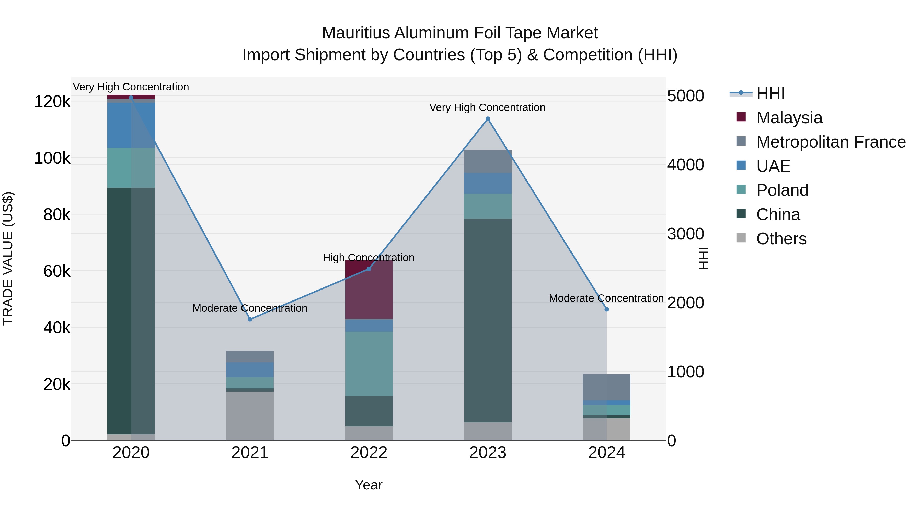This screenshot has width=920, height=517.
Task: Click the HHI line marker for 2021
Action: [x=250, y=319]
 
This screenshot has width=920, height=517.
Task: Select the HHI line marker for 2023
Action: [x=488, y=119]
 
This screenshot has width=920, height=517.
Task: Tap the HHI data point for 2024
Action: [x=606, y=309]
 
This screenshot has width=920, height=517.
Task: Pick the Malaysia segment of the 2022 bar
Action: [x=369, y=289]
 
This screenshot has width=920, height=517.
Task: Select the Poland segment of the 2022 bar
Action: [x=369, y=364]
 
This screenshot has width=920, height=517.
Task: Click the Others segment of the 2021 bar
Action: [x=250, y=416]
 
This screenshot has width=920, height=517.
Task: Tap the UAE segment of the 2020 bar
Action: [x=131, y=125]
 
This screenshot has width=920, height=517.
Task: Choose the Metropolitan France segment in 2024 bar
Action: [x=606, y=387]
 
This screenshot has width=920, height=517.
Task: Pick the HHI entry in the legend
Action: [x=770, y=93]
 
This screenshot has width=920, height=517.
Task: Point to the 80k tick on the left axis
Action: [x=56, y=215]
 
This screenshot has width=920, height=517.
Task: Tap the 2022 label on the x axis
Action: [x=369, y=453]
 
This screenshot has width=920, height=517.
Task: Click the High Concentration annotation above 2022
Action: [x=369, y=258]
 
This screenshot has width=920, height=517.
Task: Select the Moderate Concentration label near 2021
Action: [x=250, y=308]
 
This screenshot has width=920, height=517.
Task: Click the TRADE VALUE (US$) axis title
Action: [x=8, y=258]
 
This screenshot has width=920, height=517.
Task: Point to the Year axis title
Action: [x=369, y=485]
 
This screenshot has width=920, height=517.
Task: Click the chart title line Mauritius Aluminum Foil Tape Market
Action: [x=460, y=33]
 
